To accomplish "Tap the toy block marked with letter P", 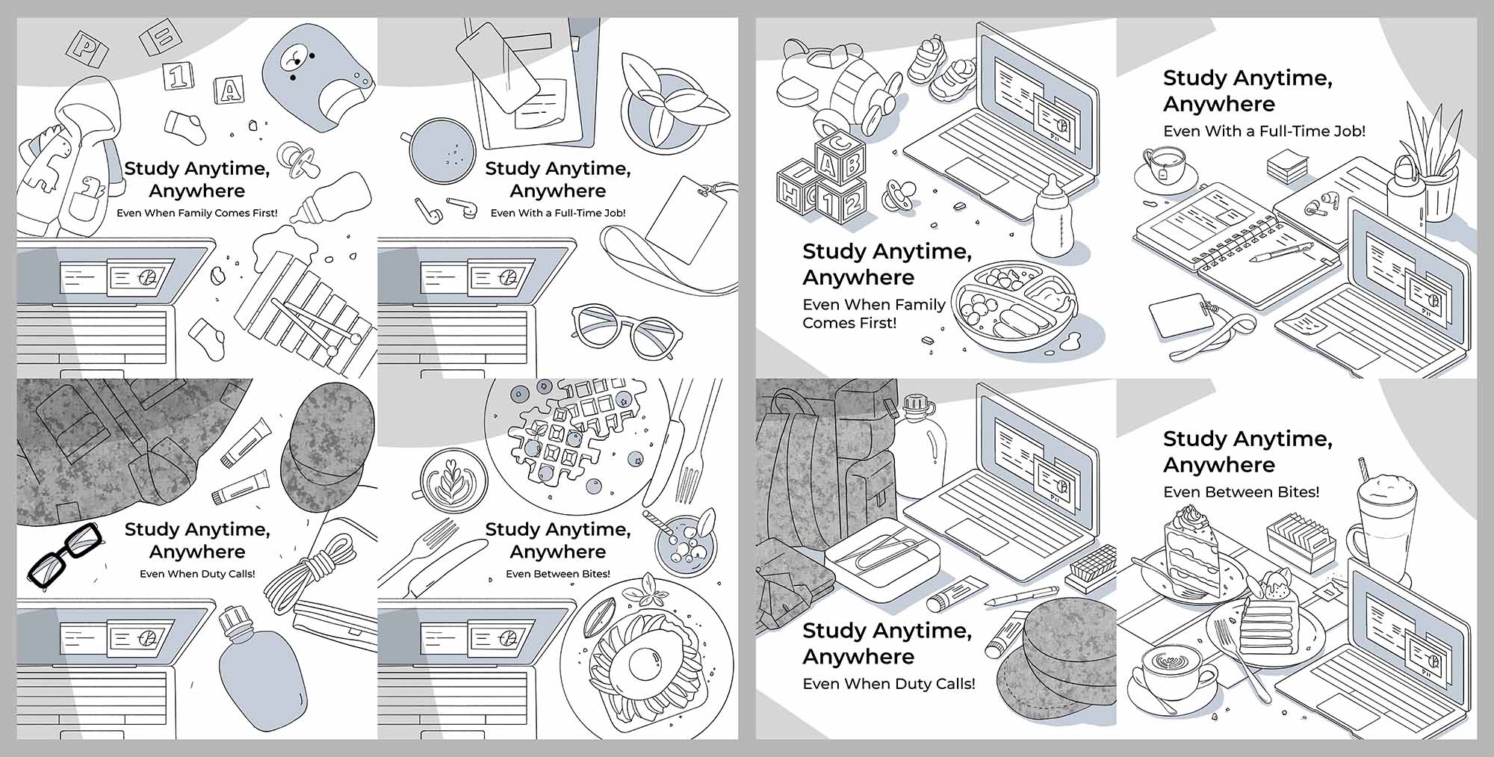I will pos(87,50).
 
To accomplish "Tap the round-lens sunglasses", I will pos(626,331).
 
